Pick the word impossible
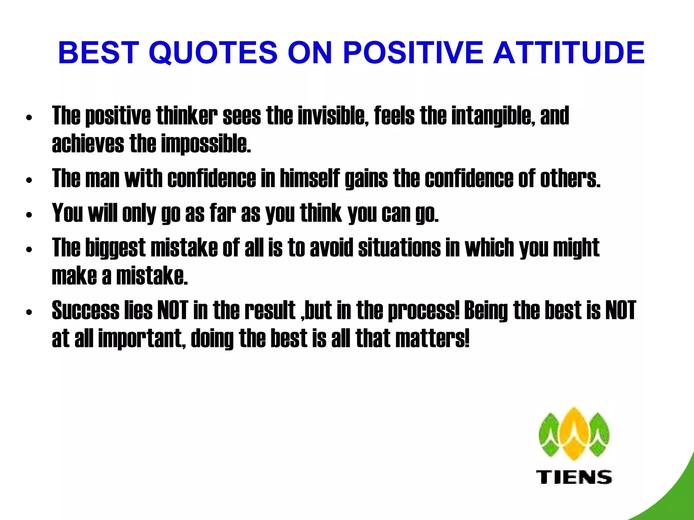[x=206, y=144]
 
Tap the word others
[x=570, y=178]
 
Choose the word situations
[x=399, y=248]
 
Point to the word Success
[x=86, y=310]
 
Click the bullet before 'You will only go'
[x=29, y=215]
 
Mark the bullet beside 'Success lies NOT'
[x=29, y=312]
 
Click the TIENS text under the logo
[x=574, y=477]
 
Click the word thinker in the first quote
[x=187, y=116]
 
